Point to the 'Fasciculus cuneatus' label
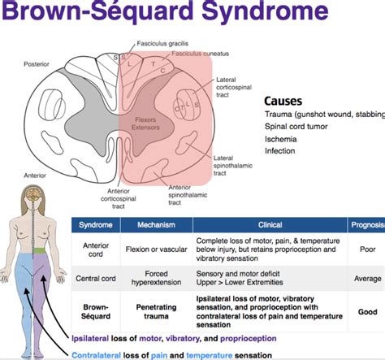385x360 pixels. (x=196, y=54)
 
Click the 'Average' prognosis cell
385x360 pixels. (x=367, y=279)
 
